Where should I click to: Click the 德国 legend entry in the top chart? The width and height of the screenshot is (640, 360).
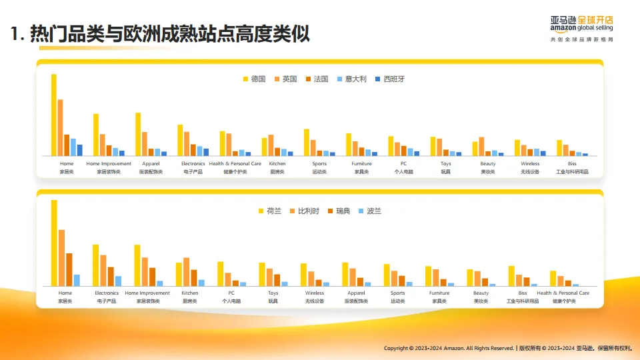(x=254, y=79)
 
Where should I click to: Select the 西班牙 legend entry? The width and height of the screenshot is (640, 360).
(x=389, y=79)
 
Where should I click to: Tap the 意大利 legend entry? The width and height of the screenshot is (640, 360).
(x=351, y=79)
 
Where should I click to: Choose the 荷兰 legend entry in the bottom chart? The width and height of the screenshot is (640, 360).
(x=269, y=211)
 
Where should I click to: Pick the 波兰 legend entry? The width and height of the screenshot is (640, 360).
(x=369, y=211)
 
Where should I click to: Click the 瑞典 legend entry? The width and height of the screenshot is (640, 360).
(x=338, y=211)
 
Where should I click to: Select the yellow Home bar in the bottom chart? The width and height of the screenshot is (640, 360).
(x=54, y=243)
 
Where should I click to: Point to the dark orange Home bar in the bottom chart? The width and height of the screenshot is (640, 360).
(x=69, y=269)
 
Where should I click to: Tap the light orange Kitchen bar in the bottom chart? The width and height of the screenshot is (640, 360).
(x=186, y=271)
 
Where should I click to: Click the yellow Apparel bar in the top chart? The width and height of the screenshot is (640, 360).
(x=138, y=134)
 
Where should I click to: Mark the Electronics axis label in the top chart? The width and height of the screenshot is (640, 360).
(x=193, y=163)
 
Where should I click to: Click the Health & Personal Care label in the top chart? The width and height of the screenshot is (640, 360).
(x=235, y=163)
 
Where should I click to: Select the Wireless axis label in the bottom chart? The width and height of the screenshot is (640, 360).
(x=315, y=293)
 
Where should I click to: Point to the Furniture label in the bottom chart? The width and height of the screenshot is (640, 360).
(x=439, y=293)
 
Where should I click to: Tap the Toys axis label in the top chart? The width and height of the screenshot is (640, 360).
(x=445, y=163)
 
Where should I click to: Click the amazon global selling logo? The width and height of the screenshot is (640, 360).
(x=581, y=24)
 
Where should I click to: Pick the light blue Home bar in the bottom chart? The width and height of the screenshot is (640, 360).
(x=77, y=280)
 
